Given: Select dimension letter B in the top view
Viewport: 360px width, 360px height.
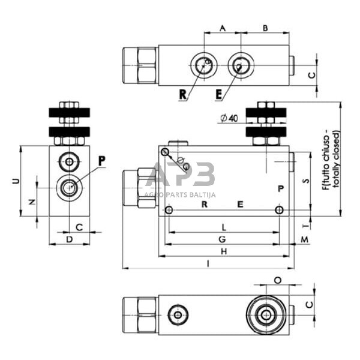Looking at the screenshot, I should pyautogui.click(x=265, y=28).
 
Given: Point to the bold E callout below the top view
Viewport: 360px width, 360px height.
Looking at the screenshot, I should pyautogui.click(x=218, y=94).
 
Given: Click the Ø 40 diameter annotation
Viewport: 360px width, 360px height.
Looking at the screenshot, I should pyautogui.click(x=229, y=118).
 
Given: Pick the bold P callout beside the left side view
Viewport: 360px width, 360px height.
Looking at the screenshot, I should pyautogui.click(x=101, y=160).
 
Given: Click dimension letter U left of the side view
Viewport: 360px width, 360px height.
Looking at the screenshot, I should pyautogui.click(x=16, y=181).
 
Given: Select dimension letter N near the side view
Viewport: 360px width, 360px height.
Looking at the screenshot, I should pyautogui.click(x=32, y=203).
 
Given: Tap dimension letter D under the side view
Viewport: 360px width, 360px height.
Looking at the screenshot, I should pyautogui.click(x=69, y=239).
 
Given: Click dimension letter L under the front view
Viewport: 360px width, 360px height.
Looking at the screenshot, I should pyautogui.click(x=224, y=227).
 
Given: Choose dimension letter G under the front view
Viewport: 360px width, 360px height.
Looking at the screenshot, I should pyautogui.click(x=222, y=239).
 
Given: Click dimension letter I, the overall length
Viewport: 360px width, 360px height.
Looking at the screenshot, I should pyautogui.click(x=208, y=263).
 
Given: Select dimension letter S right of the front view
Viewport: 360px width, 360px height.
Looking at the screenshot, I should pyautogui.click(x=305, y=181).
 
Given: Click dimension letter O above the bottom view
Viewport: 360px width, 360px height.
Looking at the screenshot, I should pyautogui.click(x=277, y=280).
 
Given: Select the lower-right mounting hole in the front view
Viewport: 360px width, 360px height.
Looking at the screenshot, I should pyautogui.click(x=279, y=210).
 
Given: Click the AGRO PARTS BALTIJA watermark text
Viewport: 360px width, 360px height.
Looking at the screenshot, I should pyautogui.click(x=180, y=194).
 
